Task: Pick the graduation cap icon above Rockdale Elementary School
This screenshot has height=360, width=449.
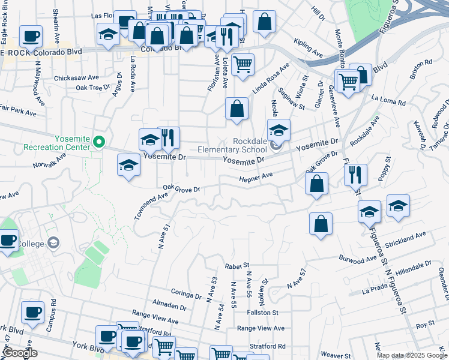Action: point(279,130)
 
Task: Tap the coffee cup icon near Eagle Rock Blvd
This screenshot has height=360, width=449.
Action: point(31,36)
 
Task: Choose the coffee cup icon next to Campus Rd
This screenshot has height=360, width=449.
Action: point(32,311)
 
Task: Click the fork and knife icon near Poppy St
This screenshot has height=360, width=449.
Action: point(355,175)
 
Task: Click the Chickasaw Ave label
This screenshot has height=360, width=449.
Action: point(76,77)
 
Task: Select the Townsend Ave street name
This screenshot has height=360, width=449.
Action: point(151,206)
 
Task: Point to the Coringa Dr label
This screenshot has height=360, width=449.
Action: point(186,295)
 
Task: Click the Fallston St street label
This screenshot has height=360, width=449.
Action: point(265,313)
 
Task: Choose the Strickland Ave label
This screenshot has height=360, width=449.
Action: point(406,239)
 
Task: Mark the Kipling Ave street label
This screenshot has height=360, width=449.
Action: point(309,49)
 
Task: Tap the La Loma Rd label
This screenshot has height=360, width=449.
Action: point(388,100)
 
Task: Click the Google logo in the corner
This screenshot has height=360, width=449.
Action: point(20,353)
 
